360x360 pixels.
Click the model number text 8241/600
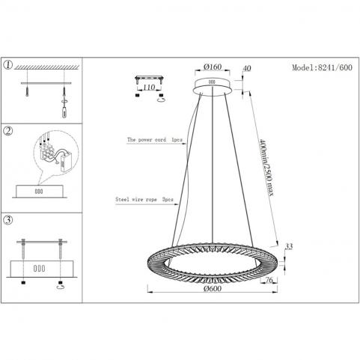point(335,67)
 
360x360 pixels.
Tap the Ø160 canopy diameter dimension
point(213,67)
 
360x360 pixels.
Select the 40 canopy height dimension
point(246,68)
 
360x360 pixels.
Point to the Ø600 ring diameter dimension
point(213,288)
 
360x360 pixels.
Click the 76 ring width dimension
point(269,280)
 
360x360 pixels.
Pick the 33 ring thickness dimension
point(289,246)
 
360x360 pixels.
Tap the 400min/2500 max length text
point(266,167)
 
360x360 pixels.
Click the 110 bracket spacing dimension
point(149,88)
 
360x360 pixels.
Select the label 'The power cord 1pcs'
point(155,140)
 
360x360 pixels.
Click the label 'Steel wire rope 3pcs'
point(144,199)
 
